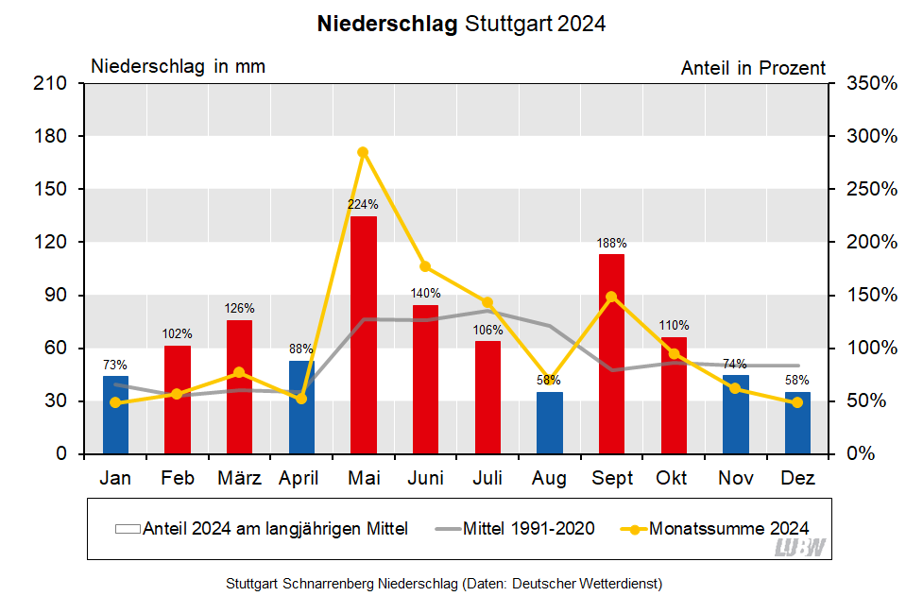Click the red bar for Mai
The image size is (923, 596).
click(x=364, y=335)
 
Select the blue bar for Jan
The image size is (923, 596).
click(x=115, y=416)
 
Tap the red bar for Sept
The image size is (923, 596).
click(x=611, y=354)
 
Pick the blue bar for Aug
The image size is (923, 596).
click(x=549, y=423)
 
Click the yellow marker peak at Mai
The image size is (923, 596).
click(x=363, y=152)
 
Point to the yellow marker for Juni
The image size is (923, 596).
click(x=425, y=266)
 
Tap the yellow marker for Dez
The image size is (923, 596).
click(x=797, y=402)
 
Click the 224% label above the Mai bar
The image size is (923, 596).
click(x=363, y=204)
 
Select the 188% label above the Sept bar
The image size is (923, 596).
click(x=611, y=243)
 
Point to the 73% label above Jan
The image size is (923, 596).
click(x=114, y=365)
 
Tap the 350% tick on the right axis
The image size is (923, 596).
click(x=870, y=83)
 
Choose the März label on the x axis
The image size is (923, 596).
click(x=239, y=479)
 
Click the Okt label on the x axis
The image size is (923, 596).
click(x=674, y=479)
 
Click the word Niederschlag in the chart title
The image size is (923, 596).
click(x=387, y=24)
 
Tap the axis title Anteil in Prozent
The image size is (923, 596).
click(x=753, y=68)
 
